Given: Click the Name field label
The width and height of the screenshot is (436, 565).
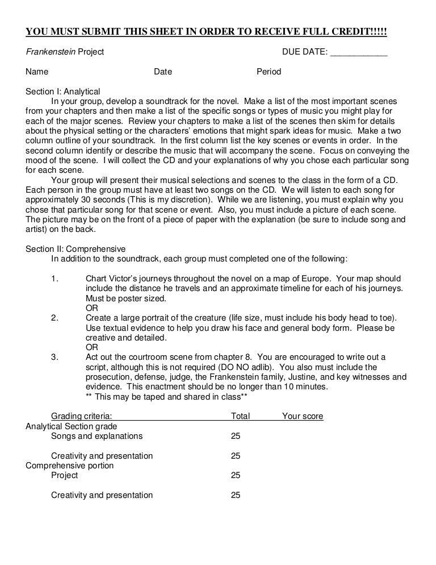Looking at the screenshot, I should point(37,72).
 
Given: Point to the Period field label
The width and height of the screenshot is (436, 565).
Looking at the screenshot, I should point(269,72).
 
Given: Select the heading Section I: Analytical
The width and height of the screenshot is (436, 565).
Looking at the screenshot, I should point(63,92).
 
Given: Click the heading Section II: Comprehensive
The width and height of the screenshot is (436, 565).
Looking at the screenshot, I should point(76,249).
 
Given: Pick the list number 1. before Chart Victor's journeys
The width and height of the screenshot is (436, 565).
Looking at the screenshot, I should point(55,279).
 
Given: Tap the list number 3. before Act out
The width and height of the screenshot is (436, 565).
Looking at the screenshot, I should point(55,357).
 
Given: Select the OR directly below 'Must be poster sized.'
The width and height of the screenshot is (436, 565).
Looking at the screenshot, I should point(91,308).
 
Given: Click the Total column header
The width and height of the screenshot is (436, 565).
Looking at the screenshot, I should point(240,416).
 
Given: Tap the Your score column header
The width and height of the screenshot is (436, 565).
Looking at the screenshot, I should point(303,416).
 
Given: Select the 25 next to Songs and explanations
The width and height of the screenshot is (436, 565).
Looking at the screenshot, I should point(236,436).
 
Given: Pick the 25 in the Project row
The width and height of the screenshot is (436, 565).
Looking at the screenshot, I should point(236,475).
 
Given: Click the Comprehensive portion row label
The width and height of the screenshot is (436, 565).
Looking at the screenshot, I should point(70,466).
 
